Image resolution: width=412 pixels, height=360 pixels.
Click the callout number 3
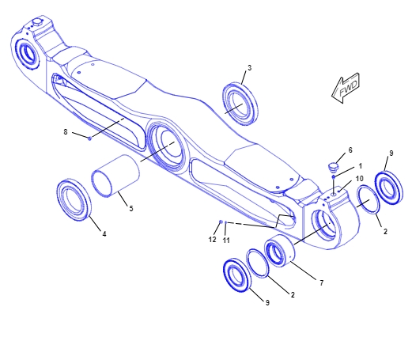[x=249, y=68]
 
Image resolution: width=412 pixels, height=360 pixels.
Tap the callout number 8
[x=66, y=132]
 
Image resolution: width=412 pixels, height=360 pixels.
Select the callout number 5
[x=130, y=208]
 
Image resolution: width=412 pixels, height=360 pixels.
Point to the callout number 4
[x=104, y=234]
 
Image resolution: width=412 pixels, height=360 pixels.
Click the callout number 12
[x=212, y=239]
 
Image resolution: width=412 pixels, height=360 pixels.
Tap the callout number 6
[x=350, y=150]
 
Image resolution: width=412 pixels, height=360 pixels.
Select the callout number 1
[x=360, y=166]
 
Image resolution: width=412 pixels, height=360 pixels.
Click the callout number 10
[x=359, y=179]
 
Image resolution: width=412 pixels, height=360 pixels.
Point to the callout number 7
[x=321, y=282]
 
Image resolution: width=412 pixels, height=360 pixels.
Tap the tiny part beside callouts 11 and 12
[x=222, y=222]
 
